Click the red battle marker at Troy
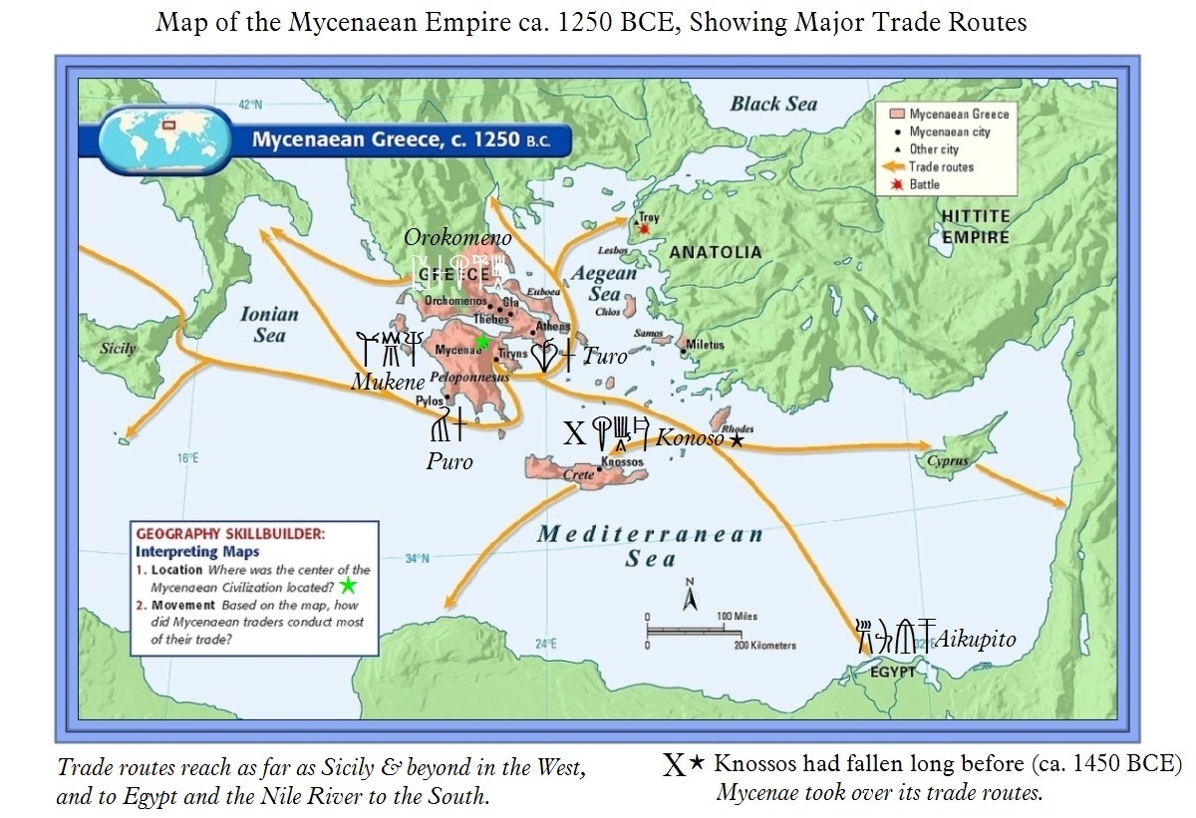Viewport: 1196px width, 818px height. (645, 229)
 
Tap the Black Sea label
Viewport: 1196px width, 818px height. (773, 104)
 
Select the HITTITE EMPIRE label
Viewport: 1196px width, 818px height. (976, 227)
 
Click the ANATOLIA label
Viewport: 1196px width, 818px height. (715, 252)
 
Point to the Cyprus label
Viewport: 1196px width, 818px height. (947, 461)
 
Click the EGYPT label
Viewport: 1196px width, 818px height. (891, 672)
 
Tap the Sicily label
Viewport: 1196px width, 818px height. (118, 349)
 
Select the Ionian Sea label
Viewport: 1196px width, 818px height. (269, 324)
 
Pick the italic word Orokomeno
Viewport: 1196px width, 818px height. (457, 237)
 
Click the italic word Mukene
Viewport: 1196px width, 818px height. (388, 382)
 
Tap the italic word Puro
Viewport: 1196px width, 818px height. (449, 461)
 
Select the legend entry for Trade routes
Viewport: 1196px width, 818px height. (941, 167)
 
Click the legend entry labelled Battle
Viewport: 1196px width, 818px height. (924, 184)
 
